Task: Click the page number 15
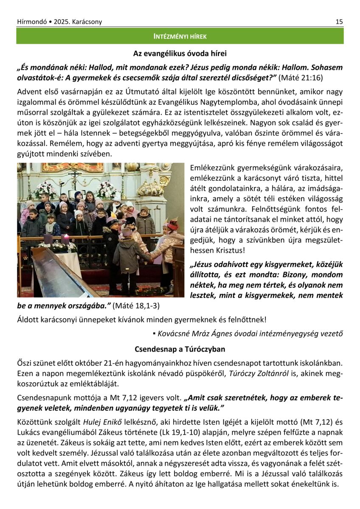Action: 339,22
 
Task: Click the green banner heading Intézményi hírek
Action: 180,36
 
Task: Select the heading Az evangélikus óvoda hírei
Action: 180,53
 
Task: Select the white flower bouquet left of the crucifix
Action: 45,189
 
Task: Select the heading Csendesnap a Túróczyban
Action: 180,349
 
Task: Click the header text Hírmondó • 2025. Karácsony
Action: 59,22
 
